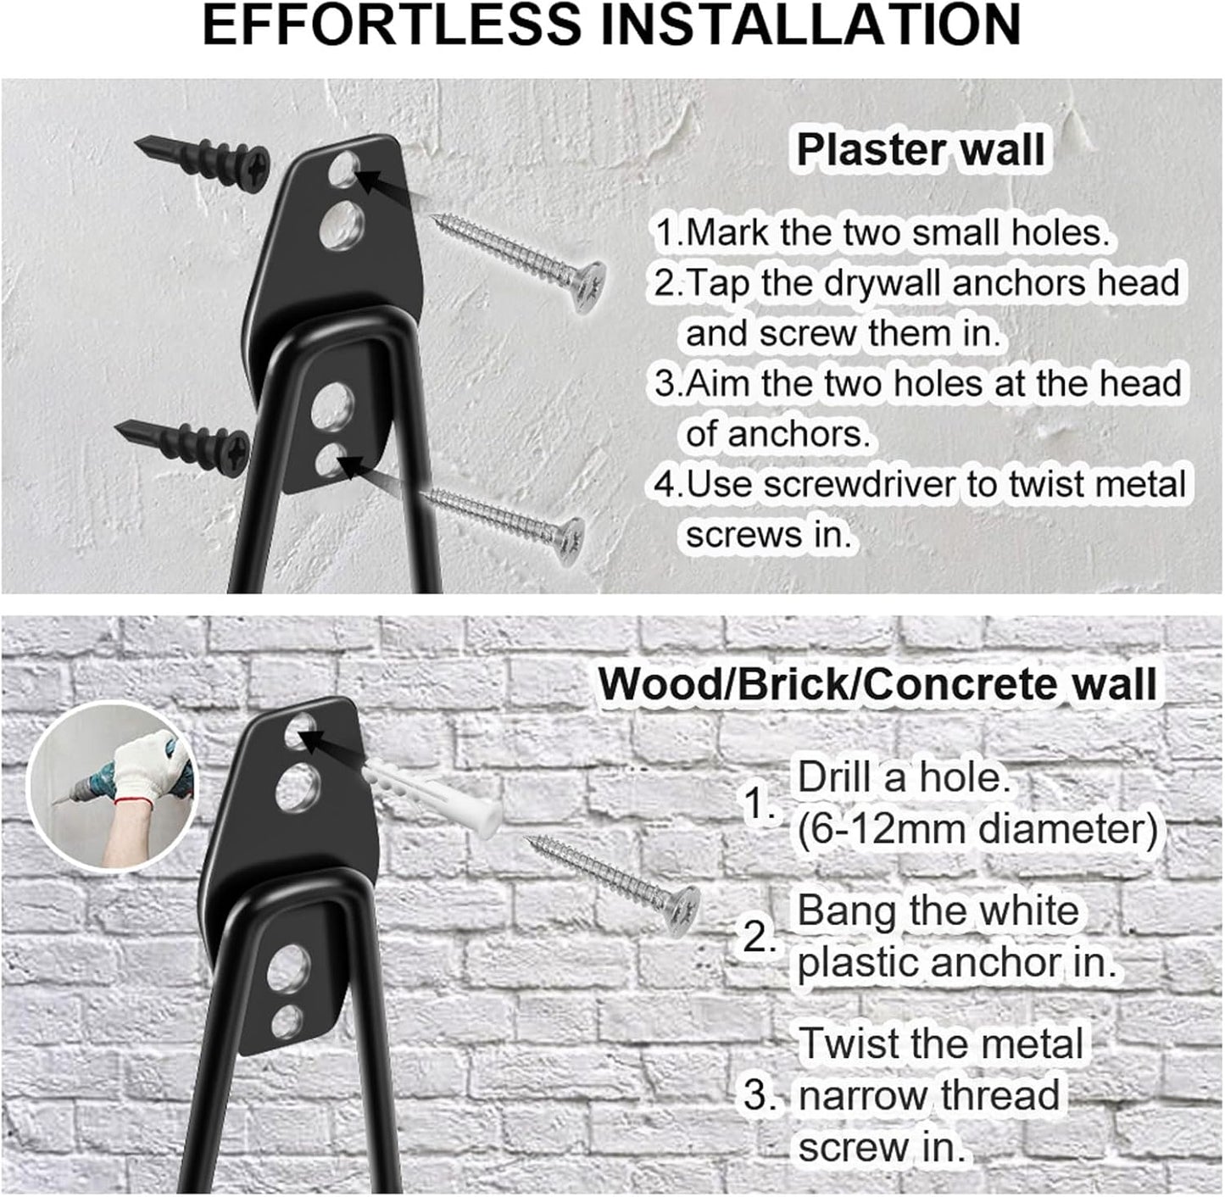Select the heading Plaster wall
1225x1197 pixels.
coord(920,150)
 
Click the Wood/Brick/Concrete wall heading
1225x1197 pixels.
coord(877,684)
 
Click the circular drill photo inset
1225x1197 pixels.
coord(111,787)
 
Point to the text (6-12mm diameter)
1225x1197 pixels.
coord(977,829)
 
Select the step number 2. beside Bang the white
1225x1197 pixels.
coord(760,938)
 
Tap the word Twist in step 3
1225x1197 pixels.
coord(849,1044)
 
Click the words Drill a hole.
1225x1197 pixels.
coord(904,777)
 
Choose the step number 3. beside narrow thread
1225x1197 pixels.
coord(760,1095)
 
